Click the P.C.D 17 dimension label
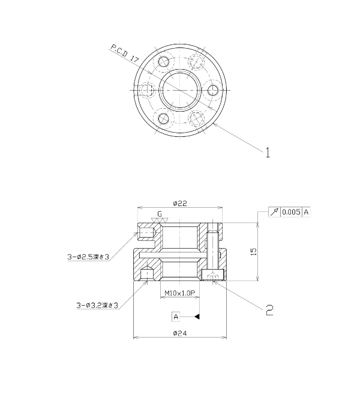coord(125,53)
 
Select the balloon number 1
coord(268,153)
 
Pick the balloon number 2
coord(269,310)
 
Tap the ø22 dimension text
coord(180,203)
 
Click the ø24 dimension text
coord(180,333)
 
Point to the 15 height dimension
coord(253,252)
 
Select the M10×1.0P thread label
coord(180,293)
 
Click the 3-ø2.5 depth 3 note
coord(88,257)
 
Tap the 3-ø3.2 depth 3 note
coord(97,305)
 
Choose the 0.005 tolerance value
coord(291,212)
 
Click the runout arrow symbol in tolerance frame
coord(274,212)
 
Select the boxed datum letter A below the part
coord(176,317)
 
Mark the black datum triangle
coord(197,317)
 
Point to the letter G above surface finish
coord(160,214)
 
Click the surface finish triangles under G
coord(159,220)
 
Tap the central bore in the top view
coord(180,90)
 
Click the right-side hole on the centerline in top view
coord(214,90)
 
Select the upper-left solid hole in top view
coord(164,61)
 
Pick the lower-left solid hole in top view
coord(164,119)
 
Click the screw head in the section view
coord(213,275)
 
